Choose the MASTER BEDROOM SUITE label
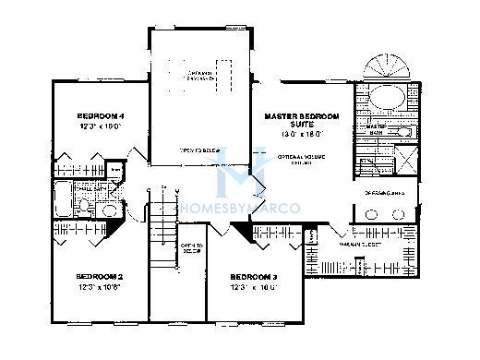301,121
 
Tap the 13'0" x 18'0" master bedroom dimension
301,134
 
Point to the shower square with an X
403,162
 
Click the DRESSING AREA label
387,194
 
